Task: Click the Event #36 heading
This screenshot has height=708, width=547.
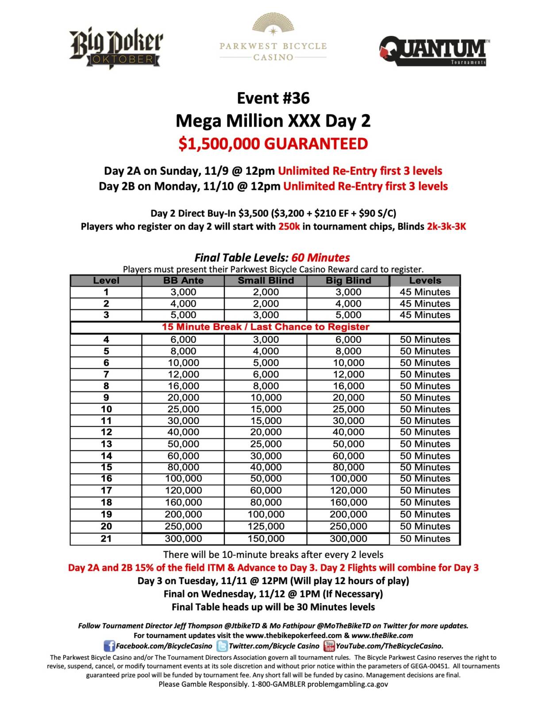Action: (273, 98)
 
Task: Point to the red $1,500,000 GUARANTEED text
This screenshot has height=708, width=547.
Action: (273, 144)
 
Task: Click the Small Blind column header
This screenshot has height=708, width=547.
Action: (266, 281)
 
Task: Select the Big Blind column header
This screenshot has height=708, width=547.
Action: (348, 281)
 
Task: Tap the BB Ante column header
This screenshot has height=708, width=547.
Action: (183, 281)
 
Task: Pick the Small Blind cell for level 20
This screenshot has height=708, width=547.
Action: (266, 526)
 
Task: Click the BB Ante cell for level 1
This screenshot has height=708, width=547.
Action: (183, 292)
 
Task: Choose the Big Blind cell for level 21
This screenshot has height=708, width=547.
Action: (348, 539)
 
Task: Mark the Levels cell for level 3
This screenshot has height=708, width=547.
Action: (425, 315)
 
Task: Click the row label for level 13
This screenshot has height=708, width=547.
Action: (106, 444)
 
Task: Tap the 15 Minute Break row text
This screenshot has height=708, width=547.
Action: (266, 327)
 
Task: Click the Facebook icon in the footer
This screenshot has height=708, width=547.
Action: (109, 646)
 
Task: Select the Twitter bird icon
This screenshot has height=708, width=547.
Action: (222, 646)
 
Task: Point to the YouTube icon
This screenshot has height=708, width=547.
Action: (329, 646)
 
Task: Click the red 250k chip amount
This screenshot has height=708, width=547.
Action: (289, 227)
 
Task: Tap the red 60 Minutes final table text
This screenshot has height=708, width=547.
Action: (320, 258)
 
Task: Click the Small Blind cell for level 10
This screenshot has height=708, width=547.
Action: (266, 409)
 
